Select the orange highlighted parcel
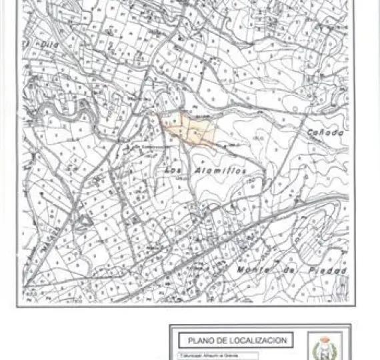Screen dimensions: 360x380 (x=191, y=128)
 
